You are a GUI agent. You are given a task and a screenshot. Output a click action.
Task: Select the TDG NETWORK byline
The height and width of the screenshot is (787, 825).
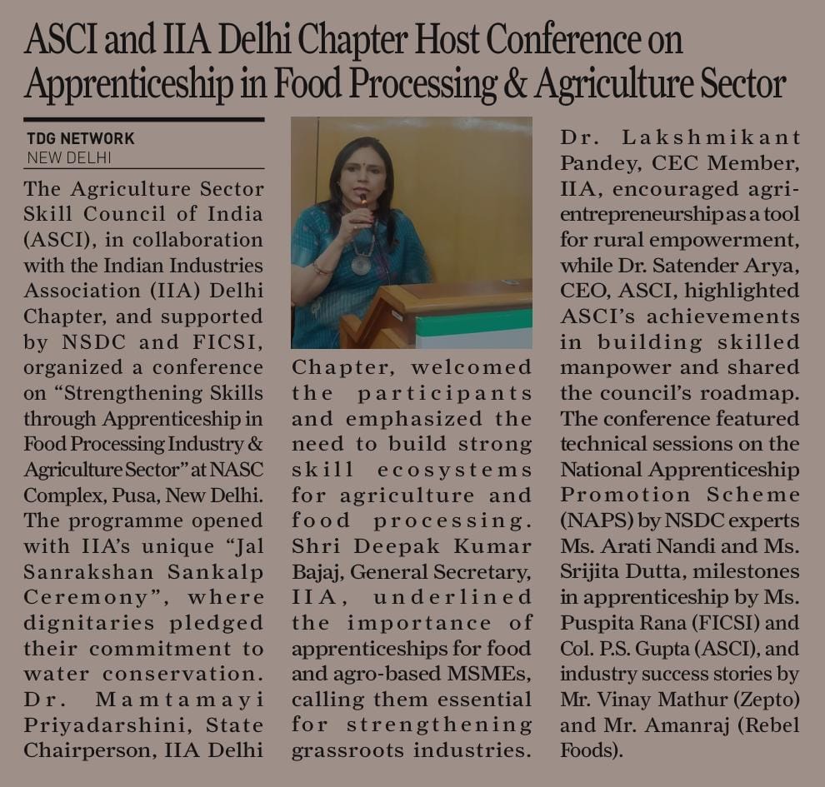click(x=80, y=139)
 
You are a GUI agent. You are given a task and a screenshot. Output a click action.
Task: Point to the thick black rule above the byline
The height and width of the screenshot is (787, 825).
click(x=143, y=120)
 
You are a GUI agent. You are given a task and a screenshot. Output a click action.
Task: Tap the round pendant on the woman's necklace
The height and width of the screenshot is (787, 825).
click(x=362, y=264)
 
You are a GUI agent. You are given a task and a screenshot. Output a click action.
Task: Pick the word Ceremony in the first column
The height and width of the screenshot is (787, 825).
click(x=73, y=597)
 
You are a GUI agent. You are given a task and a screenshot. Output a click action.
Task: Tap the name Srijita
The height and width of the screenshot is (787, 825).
click(x=592, y=571)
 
